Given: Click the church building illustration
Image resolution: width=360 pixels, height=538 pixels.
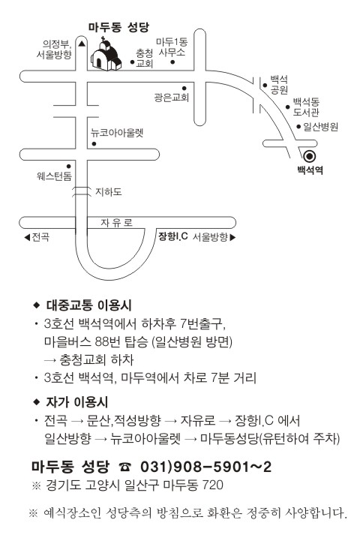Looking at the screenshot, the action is (x=106, y=54).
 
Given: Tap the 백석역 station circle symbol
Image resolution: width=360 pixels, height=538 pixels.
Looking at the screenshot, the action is (x=310, y=157).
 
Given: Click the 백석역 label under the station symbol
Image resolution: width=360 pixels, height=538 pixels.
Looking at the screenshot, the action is (x=310, y=170).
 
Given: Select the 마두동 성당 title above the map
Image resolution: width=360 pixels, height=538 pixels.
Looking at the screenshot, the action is (x=118, y=27).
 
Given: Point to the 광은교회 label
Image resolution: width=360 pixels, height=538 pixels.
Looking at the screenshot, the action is (x=172, y=98).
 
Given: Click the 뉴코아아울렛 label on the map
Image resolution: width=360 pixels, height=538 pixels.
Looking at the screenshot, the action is (x=117, y=133).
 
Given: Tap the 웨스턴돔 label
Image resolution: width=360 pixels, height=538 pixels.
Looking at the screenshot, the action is (x=55, y=176).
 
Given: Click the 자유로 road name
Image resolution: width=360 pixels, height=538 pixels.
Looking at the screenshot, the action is (x=116, y=223).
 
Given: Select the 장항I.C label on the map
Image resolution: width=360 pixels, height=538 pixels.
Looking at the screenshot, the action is (x=172, y=236).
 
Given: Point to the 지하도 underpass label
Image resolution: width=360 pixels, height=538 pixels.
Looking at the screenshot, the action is (x=108, y=192).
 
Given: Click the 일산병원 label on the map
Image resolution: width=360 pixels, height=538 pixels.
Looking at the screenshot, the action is (x=320, y=127).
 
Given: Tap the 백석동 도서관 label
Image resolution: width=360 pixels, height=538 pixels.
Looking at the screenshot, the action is (x=306, y=107).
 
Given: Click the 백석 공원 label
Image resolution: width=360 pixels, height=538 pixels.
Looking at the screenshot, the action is (x=279, y=85).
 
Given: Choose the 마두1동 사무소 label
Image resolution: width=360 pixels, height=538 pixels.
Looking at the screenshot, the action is (x=172, y=47).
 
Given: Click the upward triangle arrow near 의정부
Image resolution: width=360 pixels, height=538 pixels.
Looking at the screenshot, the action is (x=81, y=44).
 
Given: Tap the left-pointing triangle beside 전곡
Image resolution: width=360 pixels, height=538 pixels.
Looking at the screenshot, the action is (x=27, y=237).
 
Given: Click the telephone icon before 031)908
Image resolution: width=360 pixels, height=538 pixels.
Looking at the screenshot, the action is (x=124, y=467).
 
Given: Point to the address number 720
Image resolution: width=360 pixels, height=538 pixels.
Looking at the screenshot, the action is (x=212, y=485).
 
